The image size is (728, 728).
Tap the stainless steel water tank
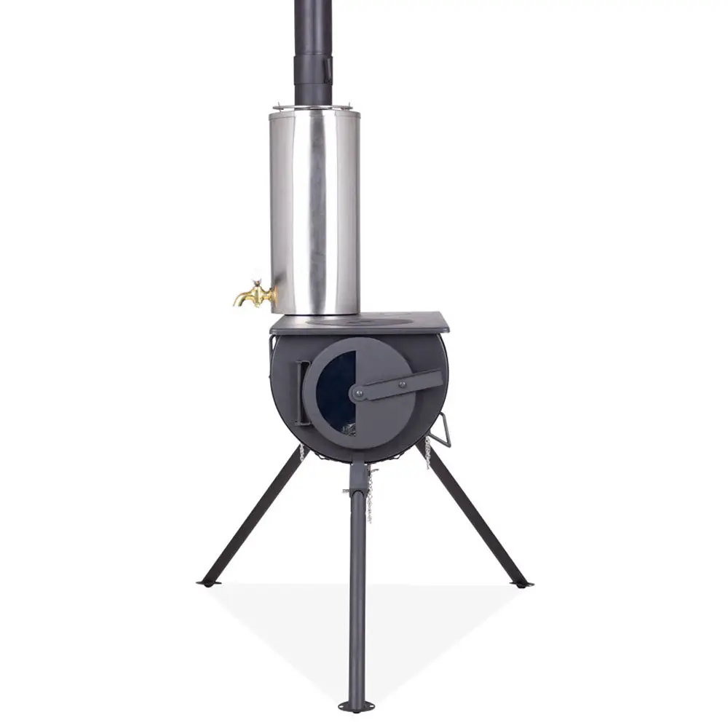coord(314,211)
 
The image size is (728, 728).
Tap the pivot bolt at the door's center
coord(359,394)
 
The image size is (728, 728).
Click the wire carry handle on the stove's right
coord(443,430)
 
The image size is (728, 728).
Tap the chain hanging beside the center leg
coord(370,495)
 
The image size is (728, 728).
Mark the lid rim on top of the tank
coord(315,111)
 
